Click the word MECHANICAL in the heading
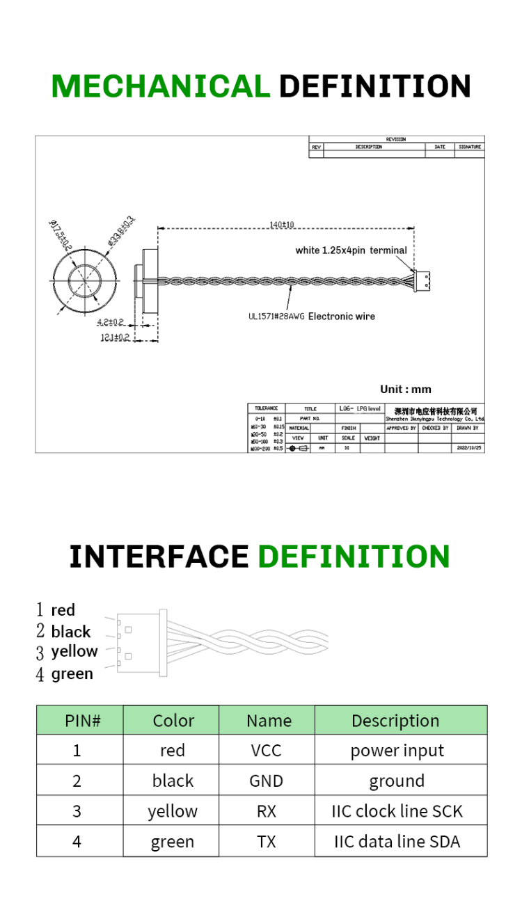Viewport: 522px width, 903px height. click(x=161, y=86)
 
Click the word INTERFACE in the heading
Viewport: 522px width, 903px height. click(x=159, y=557)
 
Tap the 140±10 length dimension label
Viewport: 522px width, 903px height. click(x=282, y=224)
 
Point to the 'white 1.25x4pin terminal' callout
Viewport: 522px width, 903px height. click(x=351, y=250)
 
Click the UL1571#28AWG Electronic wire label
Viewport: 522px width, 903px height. click(x=311, y=317)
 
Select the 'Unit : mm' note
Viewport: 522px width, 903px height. click(x=405, y=389)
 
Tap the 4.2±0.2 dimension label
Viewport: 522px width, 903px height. click(x=111, y=322)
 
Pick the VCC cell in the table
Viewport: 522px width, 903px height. click(x=266, y=751)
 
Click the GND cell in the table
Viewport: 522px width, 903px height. click(x=266, y=781)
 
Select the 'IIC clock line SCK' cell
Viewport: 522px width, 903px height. click(x=397, y=811)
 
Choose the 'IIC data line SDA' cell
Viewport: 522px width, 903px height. click(x=397, y=842)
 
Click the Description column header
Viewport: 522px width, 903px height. click(x=395, y=721)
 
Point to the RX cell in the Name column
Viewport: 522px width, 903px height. click(x=266, y=811)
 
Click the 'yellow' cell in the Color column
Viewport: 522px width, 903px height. click(x=172, y=811)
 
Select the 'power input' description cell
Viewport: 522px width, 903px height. click(x=397, y=751)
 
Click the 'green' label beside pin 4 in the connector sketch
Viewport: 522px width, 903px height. click(x=72, y=673)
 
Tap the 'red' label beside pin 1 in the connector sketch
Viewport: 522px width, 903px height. click(x=63, y=610)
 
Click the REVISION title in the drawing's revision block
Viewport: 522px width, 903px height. click(x=395, y=140)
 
